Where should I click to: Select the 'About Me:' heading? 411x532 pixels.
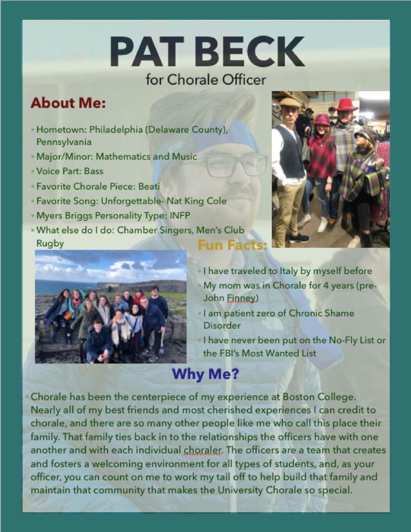coord(68,103)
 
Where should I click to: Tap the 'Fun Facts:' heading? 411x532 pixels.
coord(232,245)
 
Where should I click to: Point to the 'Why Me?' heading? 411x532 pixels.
coord(205,373)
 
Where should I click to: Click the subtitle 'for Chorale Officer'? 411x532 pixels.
coord(206,80)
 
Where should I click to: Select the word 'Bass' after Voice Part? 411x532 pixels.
coord(94,171)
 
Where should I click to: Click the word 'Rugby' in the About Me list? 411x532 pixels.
coord(50,243)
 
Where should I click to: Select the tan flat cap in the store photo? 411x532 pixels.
coord(289,102)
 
